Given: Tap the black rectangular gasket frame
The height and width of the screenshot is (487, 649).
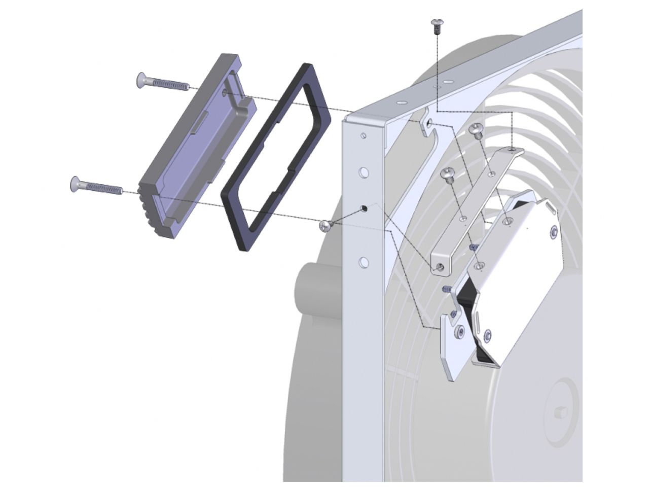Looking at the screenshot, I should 276,157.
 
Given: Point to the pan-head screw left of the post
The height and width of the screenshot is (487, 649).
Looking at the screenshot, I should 326,226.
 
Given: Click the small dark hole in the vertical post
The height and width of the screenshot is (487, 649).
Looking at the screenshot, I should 364,208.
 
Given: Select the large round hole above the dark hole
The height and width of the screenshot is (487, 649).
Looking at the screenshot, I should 364,172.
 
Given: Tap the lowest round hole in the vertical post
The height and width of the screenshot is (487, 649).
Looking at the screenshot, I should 363,262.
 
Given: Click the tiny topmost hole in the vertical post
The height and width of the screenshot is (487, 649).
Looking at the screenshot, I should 363,136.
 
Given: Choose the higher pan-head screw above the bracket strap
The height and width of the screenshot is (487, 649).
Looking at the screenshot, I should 476,130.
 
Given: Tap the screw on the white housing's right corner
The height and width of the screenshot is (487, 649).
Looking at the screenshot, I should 554,231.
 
